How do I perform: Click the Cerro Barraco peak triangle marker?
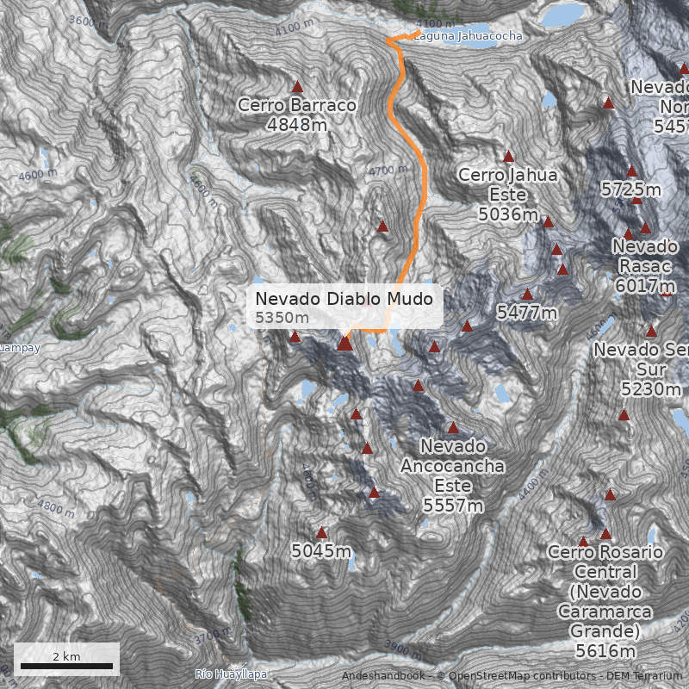click(298, 87)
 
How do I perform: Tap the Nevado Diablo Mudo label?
click(349, 299)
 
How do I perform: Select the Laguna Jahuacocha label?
click(468, 37)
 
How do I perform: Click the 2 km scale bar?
click(66, 666)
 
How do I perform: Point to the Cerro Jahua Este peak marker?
click(508, 157)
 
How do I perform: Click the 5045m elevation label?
click(321, 550)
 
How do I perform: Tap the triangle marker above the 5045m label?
click(322, 533)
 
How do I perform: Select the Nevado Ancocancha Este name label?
click(453, 466)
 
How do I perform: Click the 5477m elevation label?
click(526, 313)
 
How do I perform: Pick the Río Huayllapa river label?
click(231, 673)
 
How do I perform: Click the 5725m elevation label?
click(631, 189)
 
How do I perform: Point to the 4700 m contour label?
click(388, 171)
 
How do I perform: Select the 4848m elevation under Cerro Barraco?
click(297, 125)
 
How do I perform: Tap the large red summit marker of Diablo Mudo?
click(344, 344)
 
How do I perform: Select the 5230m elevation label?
click(651, 389)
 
